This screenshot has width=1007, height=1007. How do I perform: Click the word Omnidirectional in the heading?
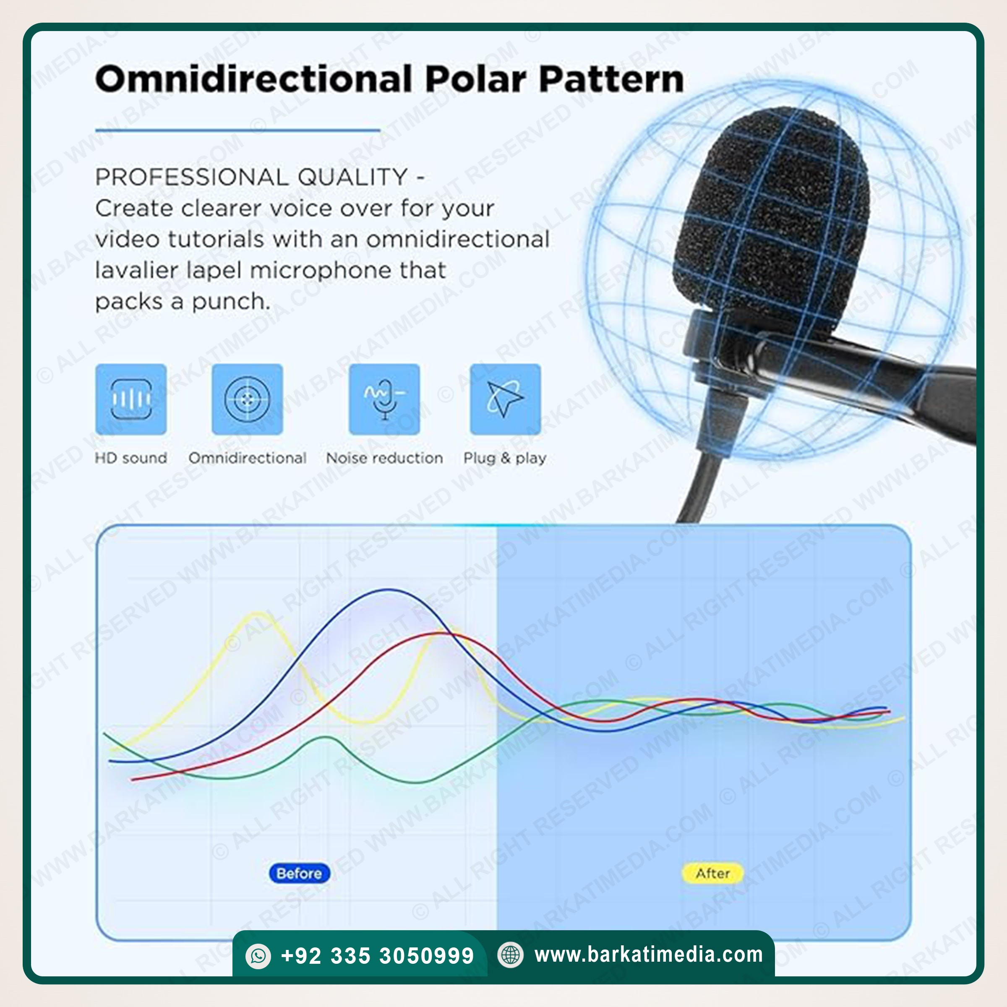coord(254,79)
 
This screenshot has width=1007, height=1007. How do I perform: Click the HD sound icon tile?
coord(131,399)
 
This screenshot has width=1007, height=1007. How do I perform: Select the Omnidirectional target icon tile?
coord(247,399)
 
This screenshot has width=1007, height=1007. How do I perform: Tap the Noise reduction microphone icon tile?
coord(384,399)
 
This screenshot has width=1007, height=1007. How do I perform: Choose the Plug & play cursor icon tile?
coord(505,399)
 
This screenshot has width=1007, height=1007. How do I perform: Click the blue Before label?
coord(299,873)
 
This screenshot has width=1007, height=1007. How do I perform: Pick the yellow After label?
coord(712,873)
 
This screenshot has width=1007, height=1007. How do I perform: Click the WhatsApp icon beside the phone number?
coord(258,956)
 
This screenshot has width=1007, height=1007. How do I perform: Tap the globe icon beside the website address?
coord(510,955)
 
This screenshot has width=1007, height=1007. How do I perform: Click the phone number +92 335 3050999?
coord(377,956)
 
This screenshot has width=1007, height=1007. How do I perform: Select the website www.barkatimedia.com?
coord(648,955)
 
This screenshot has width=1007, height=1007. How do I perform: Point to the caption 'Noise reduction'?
coord(385,458)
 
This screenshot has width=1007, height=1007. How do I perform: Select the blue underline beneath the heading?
coord(237,130)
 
